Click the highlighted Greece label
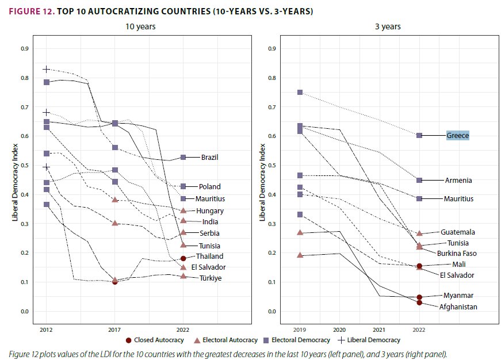point(458,136)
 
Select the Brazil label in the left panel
point(210,157)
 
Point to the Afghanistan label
point(458,307)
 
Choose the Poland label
point(210,186)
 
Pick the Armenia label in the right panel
point(458,181)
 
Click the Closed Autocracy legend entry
point(155,340)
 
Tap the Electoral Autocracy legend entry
point(225,340)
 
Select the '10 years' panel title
point(141,26)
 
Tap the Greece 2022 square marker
point(419,135)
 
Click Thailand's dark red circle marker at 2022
point(183,258)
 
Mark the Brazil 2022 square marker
point(183,157)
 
